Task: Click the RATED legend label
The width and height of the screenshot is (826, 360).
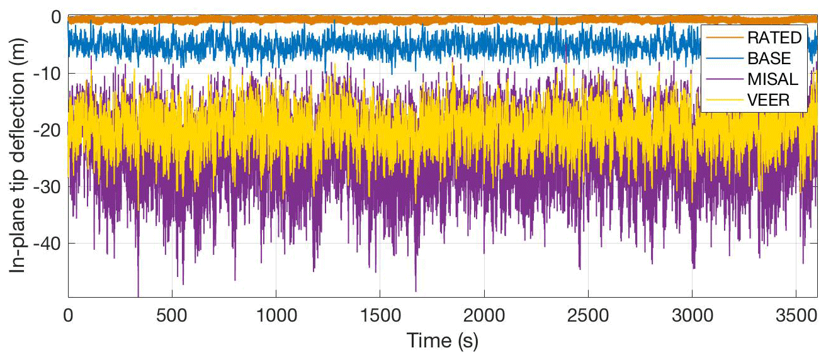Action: [774, 38]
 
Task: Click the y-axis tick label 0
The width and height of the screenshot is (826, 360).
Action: [55, 17]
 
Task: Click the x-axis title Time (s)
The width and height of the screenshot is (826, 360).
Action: [443, 340]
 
